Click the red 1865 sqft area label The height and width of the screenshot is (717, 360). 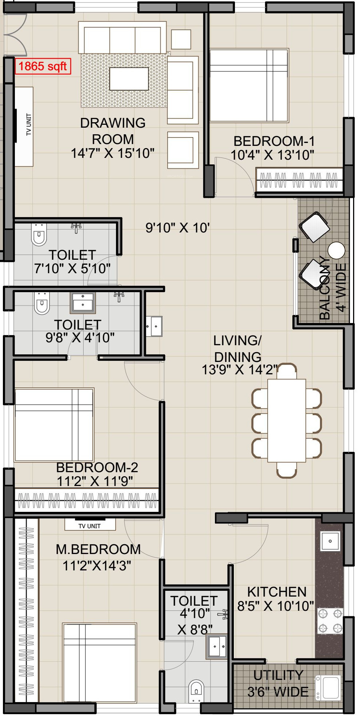[x=43, y=66]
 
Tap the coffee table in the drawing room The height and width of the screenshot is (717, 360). [x=129, y=79]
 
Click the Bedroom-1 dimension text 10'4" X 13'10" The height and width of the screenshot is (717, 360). [x=272, y=155]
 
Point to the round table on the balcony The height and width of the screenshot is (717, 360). [x=336, y=250]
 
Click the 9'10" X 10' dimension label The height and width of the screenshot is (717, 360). [x=177, y=228]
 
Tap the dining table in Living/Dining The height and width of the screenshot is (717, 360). [x=287, y=421]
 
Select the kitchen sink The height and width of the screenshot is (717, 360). [x=330, y=541]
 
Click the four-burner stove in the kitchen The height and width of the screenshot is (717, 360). [x=330, y=621]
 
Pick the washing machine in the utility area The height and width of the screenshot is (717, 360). [x=329, y=687]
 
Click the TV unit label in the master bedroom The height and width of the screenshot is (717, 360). [x=89, y=526]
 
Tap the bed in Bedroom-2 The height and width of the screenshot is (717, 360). [x=54, y=425]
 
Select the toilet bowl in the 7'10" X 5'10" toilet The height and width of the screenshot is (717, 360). [x=39, y=235]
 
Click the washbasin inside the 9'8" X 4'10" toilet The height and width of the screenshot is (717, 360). [x=83, y=303]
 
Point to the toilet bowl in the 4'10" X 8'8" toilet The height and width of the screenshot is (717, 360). [x=196, y=691]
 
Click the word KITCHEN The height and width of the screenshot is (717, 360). [x=277, y=592]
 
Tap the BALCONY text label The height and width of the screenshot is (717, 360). [x=325, y=288]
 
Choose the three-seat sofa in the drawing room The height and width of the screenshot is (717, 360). [x=123, y=37]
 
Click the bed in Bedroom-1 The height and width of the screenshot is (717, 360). [x=249, y=85]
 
